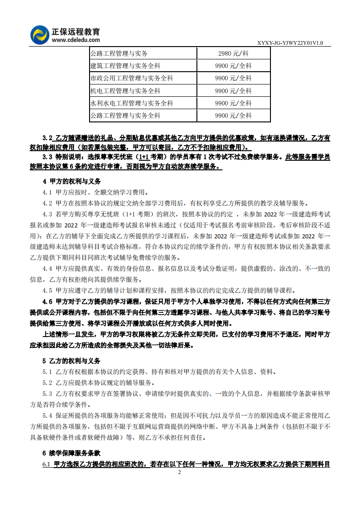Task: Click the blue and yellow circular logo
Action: (x=40, y=35)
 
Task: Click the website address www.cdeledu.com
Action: (x=75, y=40)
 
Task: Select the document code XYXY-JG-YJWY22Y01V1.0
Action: (x=290, y=43)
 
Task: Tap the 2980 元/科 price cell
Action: (x=233, y=53)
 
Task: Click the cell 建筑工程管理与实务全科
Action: (x=126, y=66)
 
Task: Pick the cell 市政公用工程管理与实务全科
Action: (x=132, y=78)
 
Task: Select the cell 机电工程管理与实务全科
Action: (x=126, y=91)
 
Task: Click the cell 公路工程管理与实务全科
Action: (x=126, y=116)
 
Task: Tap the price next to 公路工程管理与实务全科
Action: (x=233, y=116)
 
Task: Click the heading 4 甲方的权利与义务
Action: (x=72, y=181)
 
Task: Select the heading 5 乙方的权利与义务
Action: (x=72, y=361)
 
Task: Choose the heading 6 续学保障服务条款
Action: (x=72, y=453)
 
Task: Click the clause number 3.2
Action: (x=47, y=137)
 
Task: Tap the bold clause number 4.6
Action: (x=47, y=301)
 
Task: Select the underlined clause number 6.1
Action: (x=47, y=464)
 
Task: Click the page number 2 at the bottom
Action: (x=180, y=472)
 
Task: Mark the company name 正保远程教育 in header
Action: (x=76, y=32)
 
